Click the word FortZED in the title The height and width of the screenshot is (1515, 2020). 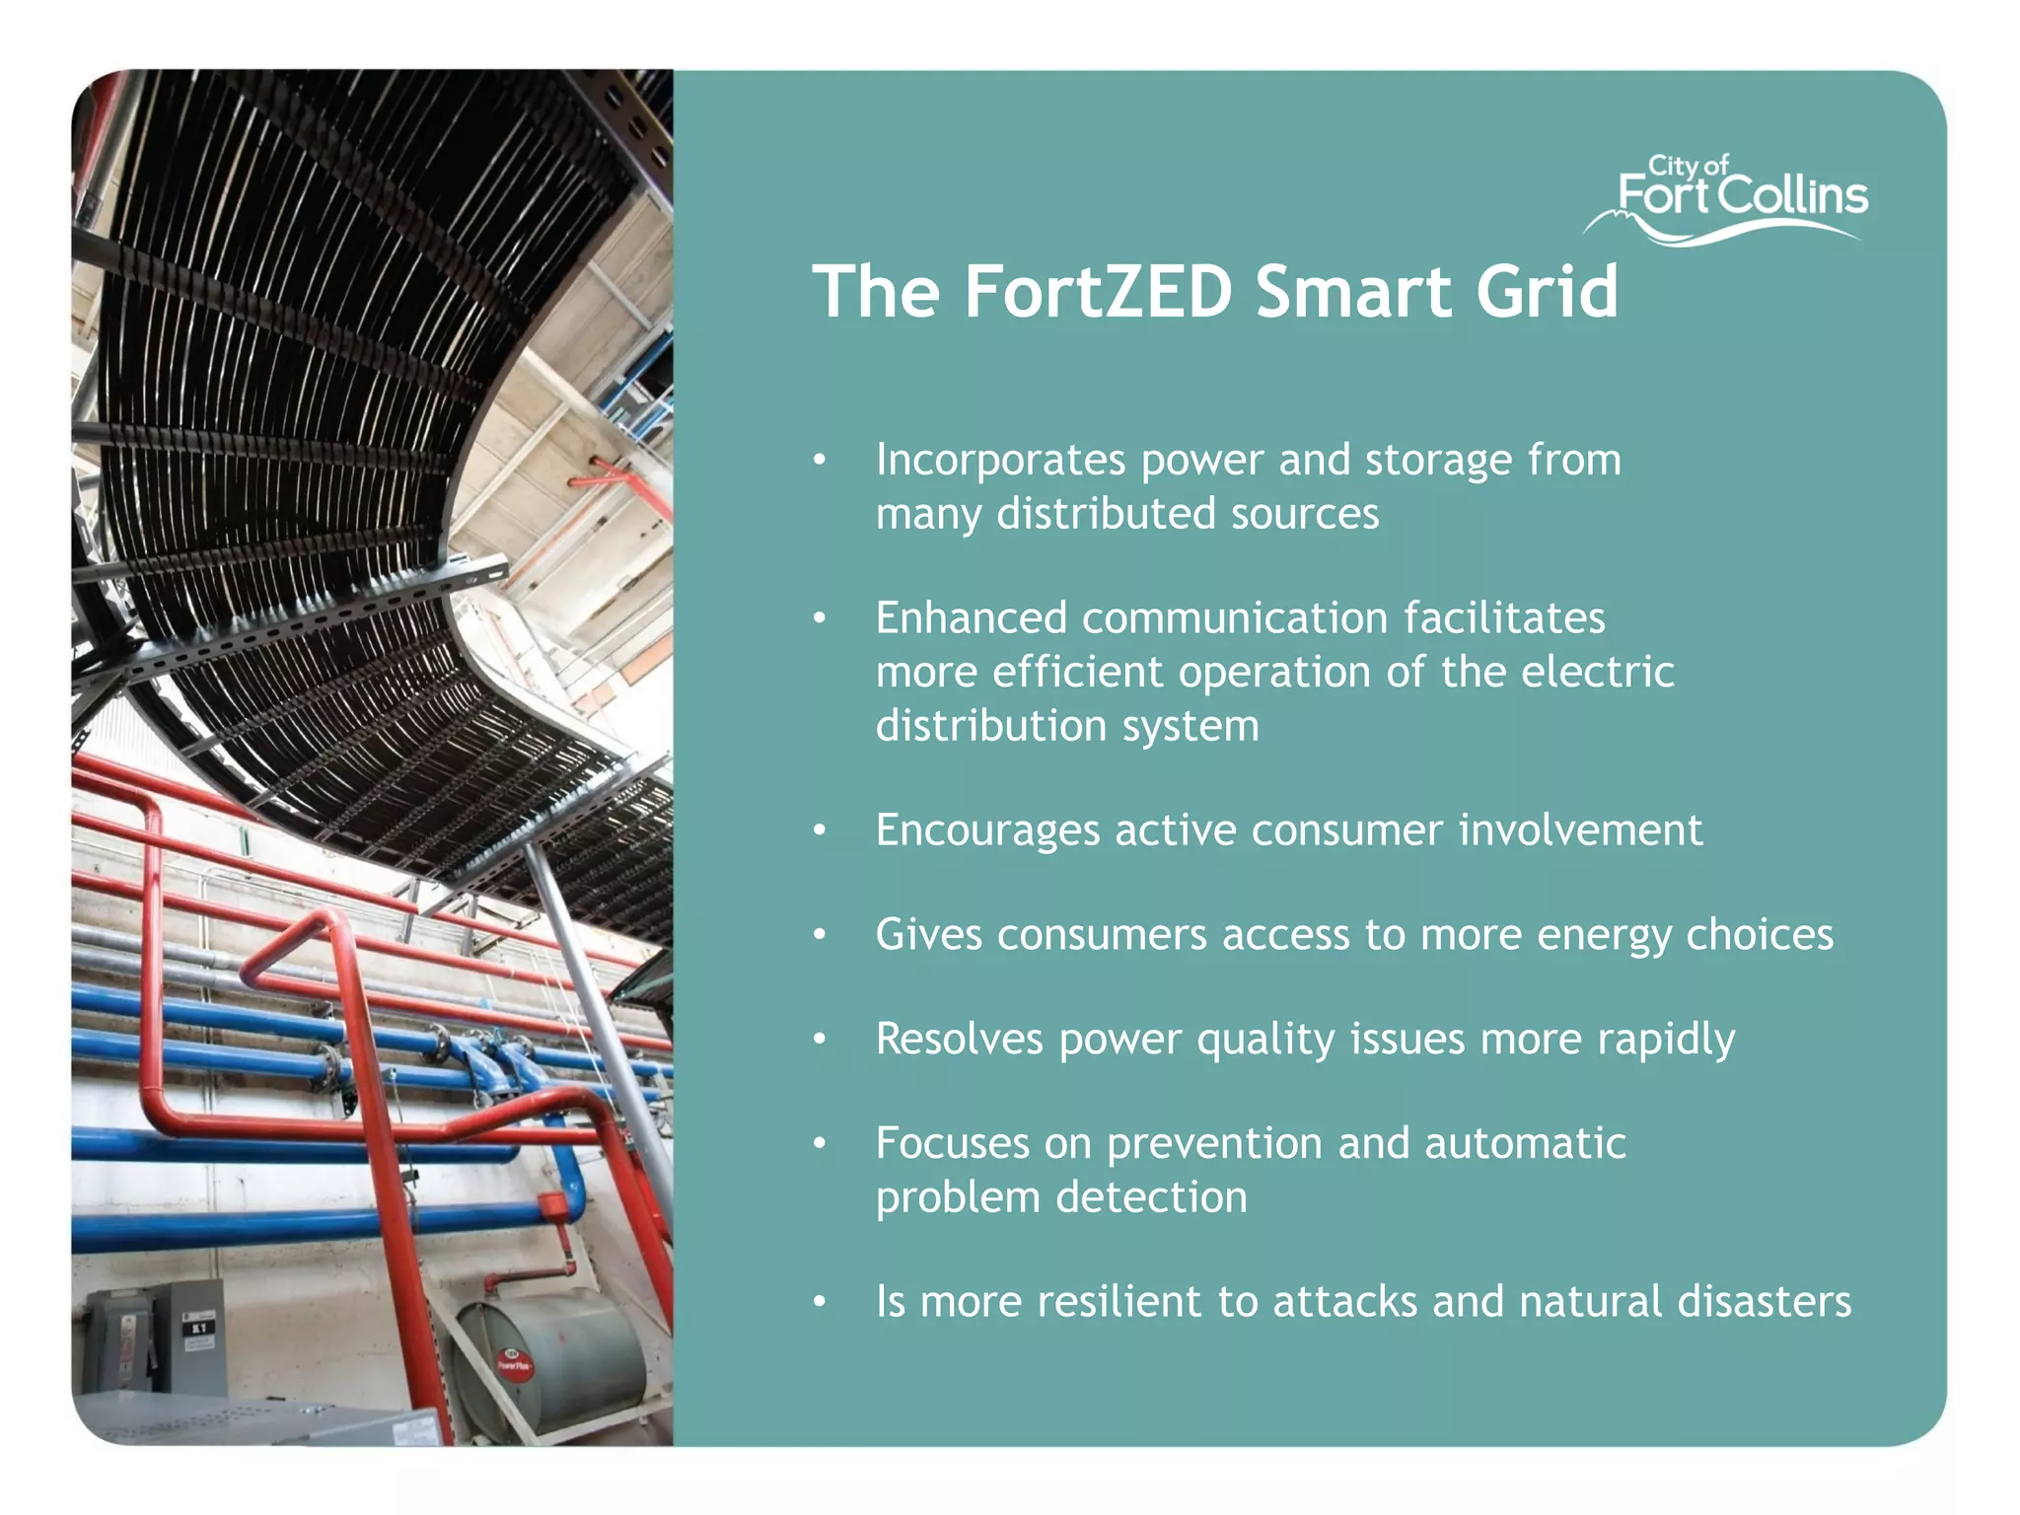(x=1098, y=292)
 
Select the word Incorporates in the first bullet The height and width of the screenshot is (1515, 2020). (x=1000, y=461)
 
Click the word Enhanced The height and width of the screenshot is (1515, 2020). (x=972, y=618)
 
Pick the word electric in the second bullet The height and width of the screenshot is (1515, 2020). (x=1597, y=672)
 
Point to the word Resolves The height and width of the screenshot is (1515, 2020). (x=960, y=1039)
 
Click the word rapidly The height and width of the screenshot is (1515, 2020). (x=1666, y=1041)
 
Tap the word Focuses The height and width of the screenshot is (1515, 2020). (x=953, y=1143)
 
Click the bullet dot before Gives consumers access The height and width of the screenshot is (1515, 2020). (x=819, y=934)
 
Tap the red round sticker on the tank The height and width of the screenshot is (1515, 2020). (x=514, y=1365)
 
